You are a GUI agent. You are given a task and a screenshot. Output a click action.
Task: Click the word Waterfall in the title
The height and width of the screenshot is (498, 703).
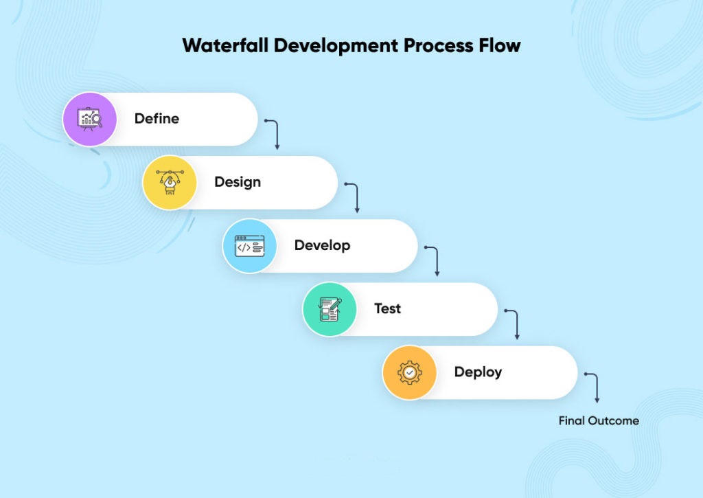pos(225,46)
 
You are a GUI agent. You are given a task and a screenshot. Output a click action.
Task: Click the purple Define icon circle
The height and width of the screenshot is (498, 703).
pos(90,119)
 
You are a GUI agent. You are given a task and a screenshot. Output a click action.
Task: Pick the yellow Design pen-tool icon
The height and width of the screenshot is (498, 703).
pos(170,182)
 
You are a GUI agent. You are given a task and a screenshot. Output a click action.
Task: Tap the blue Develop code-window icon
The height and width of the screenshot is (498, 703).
pos(249,246)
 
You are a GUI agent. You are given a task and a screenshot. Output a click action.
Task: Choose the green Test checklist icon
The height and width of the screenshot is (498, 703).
pos(330,309)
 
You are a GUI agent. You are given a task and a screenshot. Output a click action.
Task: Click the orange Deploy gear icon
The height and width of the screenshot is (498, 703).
pos(409,372)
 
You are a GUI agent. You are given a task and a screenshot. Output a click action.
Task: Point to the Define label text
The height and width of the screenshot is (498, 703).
pos(157,119)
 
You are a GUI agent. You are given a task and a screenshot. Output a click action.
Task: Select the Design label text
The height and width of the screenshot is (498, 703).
pos(237,182)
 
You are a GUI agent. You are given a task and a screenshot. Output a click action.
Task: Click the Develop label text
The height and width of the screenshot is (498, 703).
pos(322,245)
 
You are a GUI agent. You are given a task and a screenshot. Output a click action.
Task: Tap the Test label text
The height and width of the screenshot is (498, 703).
pos(387,308)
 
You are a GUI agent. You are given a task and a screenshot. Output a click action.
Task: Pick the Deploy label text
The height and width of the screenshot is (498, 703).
pos(478,372)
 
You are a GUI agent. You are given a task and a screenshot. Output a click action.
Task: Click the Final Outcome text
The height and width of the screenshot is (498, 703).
pos(598,420)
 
